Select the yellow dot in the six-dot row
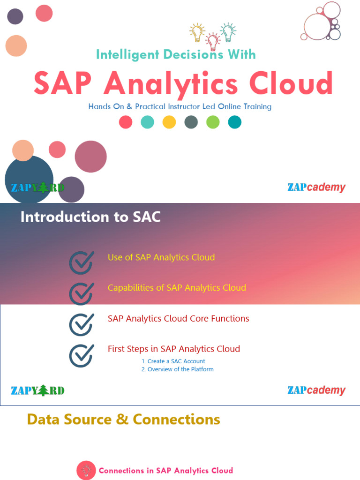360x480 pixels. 169,122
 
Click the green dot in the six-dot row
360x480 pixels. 213,122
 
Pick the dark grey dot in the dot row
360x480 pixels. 191,122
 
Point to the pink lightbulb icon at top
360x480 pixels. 213,41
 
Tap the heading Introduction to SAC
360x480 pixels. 90,217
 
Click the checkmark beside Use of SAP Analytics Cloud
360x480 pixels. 81,262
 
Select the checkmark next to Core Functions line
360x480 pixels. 81,324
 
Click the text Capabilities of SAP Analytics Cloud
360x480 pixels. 177,288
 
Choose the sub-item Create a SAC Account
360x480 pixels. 173,361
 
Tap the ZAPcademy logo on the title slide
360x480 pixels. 316,187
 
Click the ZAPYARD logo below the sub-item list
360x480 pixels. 37,390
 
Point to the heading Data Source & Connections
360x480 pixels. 123,419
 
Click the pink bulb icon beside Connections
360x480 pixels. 86,470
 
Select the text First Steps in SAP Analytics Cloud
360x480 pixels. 174,349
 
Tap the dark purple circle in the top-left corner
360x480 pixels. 15,16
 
